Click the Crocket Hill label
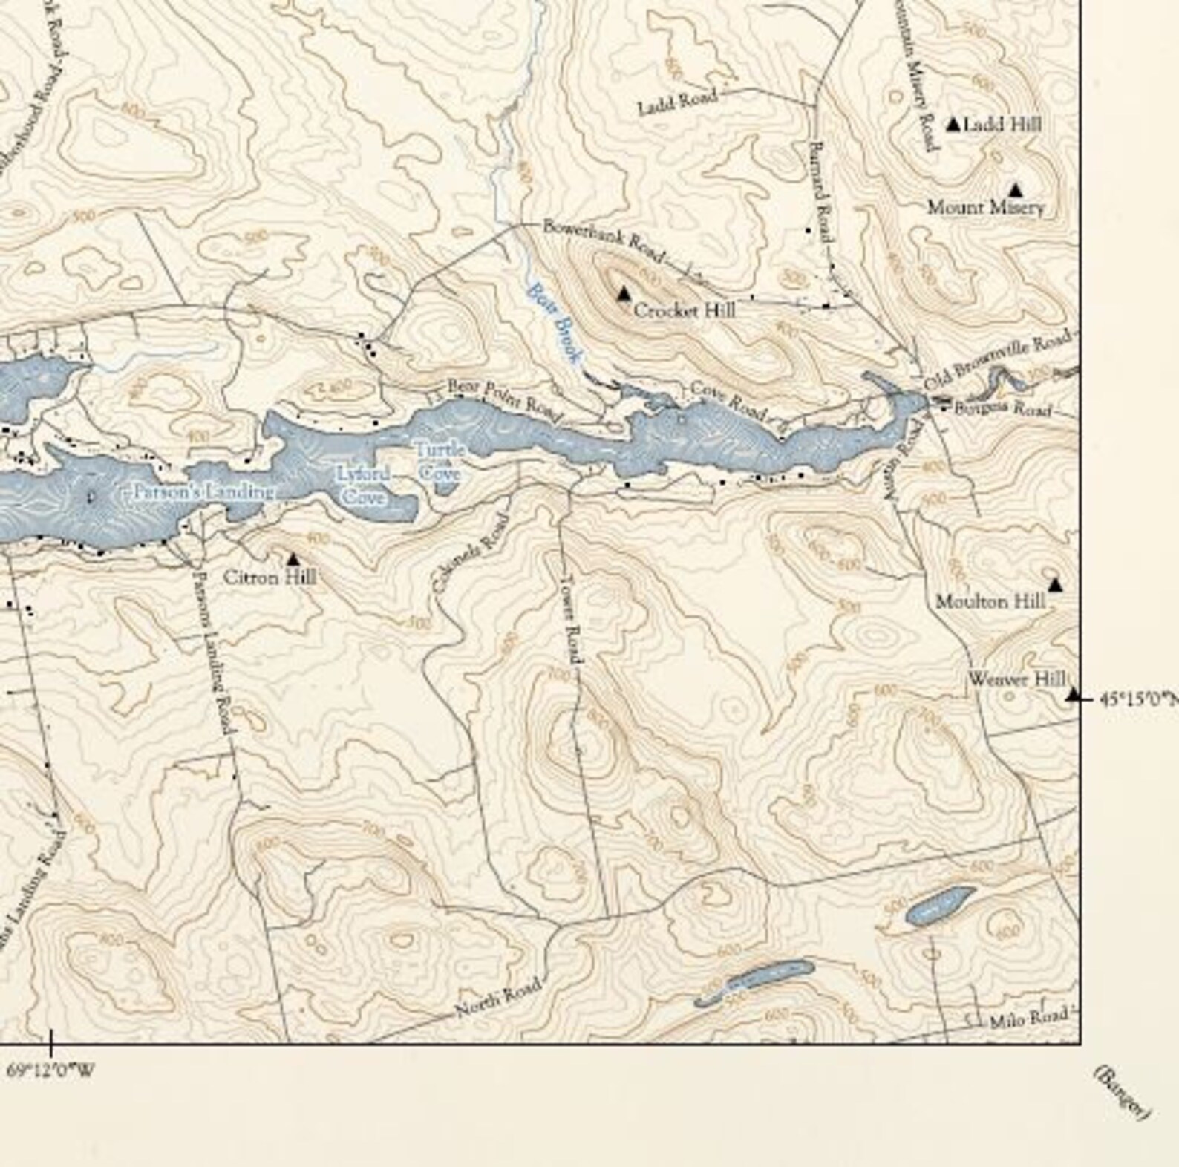684,310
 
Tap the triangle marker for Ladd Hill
953,124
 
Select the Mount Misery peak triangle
1015,190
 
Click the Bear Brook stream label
553,325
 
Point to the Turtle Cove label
440,461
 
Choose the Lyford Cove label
362,486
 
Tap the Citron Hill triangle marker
293,558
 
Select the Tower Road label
572,619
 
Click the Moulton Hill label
990,601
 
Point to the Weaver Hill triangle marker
1072,695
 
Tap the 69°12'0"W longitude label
50,1070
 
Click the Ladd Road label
677,102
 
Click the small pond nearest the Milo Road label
940,904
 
